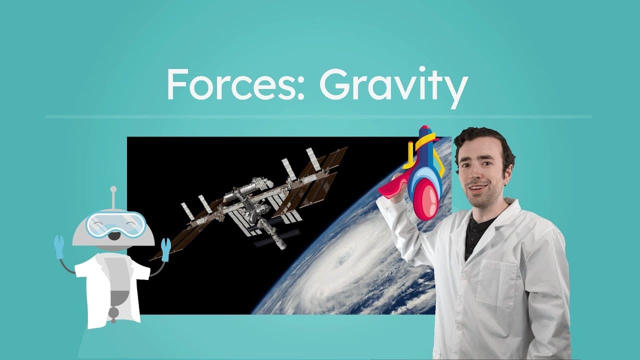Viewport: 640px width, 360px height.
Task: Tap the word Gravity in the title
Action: pyautogui.click(x=393, y=86)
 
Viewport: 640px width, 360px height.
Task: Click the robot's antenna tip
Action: pyautogui.click(x=113, y=189)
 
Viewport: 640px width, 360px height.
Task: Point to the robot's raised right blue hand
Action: pyautogui.click(x=165, y=249)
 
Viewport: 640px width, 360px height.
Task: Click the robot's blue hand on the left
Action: pyautogui.click(x=59, y=246)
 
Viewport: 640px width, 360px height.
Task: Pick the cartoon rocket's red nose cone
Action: pyautogui.click(x=426, y=199)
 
